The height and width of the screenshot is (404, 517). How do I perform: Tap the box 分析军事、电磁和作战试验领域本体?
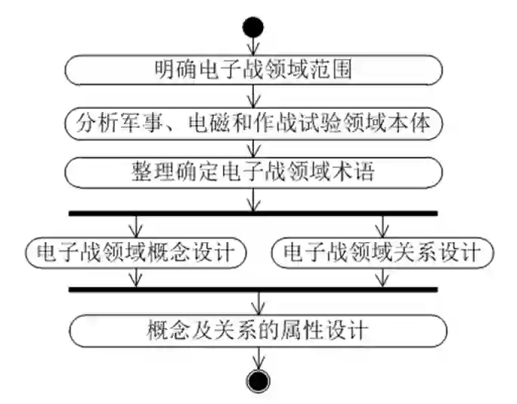(253, 122)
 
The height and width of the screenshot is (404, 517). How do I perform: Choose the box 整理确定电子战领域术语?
(253, 172)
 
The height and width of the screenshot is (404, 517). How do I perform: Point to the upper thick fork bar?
(253, 213)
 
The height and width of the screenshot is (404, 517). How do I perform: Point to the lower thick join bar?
(253, 289)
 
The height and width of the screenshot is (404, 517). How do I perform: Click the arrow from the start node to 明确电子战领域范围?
(254, 47)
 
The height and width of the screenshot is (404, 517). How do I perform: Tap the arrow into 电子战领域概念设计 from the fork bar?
(136, 226)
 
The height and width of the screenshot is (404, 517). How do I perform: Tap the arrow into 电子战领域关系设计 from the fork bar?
(383, 226)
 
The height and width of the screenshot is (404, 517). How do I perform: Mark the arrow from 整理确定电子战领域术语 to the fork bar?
(254, 199)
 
